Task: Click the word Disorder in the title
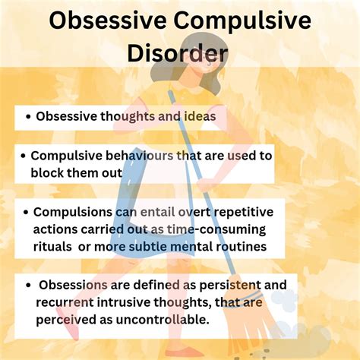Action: pos(180,53)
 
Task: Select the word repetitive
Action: pos(232,212)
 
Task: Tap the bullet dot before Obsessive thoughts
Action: pos(28,118)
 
